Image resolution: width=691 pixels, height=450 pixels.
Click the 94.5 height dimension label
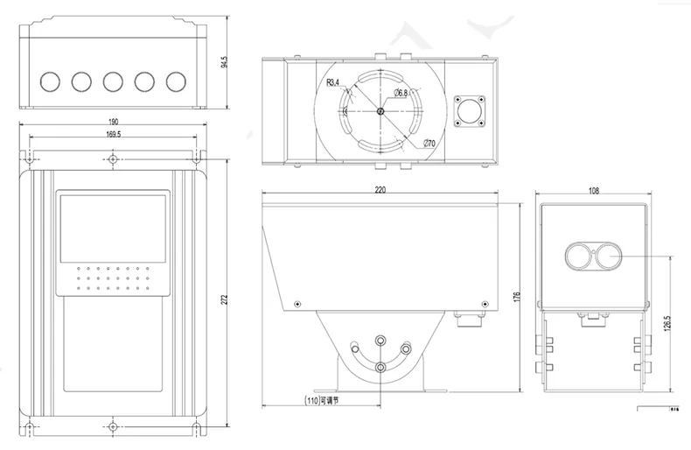(x=225, y=61)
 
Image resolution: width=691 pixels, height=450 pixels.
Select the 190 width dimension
(x=114, y=122)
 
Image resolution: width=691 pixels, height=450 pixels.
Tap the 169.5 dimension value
(x=114, y=135)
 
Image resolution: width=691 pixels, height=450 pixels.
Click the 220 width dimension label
(x=380, y=189)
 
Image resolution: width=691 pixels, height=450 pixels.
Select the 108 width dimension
(x=594, y=189)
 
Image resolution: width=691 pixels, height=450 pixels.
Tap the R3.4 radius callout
(x=332, y=83)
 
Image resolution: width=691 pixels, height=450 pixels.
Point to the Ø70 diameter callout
(x=429, y=144)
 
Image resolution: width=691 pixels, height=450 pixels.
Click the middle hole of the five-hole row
(x=112, y=81)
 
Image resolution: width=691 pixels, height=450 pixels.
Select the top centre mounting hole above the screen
(x=113, y=159)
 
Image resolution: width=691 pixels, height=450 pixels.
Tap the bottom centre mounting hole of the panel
(x=113, y=428)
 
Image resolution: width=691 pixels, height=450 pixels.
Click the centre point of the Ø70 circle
(x=380, y=110)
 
